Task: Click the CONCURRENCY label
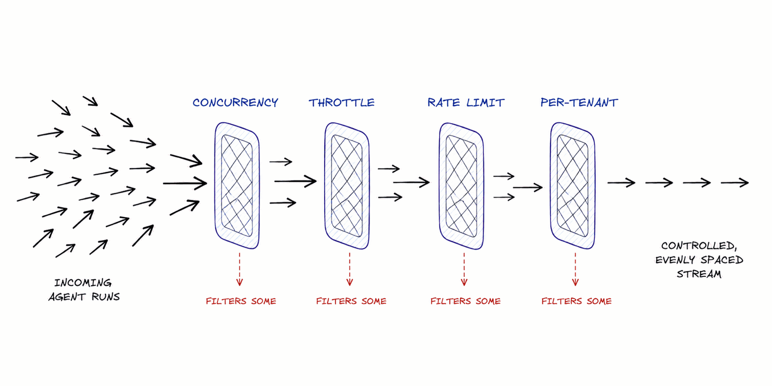click(x=235, y=102)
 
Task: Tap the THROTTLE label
click(x=342, y=102)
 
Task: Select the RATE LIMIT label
click(x=466, y=102)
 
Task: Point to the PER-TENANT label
click(x=579, y=102)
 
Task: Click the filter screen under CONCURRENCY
click(x=217, y=185)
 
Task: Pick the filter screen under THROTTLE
click(x=326, y=185)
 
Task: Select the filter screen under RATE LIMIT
click(x=441, y=185)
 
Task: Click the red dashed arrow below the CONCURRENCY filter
click(x=239, y=270)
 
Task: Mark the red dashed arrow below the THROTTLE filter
click(x=349, y=270)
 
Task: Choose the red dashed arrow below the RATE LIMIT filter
click(x=464, y=270)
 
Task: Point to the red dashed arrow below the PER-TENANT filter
click(x=575, y=270)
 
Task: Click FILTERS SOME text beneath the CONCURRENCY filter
click(x=241, y=301)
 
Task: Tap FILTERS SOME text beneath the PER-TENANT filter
click(x=577, y=301)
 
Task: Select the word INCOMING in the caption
click(x=83, y=283)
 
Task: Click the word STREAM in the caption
click(x=699, y=274)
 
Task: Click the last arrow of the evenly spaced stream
click(x=735, y=182)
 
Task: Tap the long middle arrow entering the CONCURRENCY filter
click(x=185, y=183)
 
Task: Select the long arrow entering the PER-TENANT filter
click(x=528, y=188)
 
